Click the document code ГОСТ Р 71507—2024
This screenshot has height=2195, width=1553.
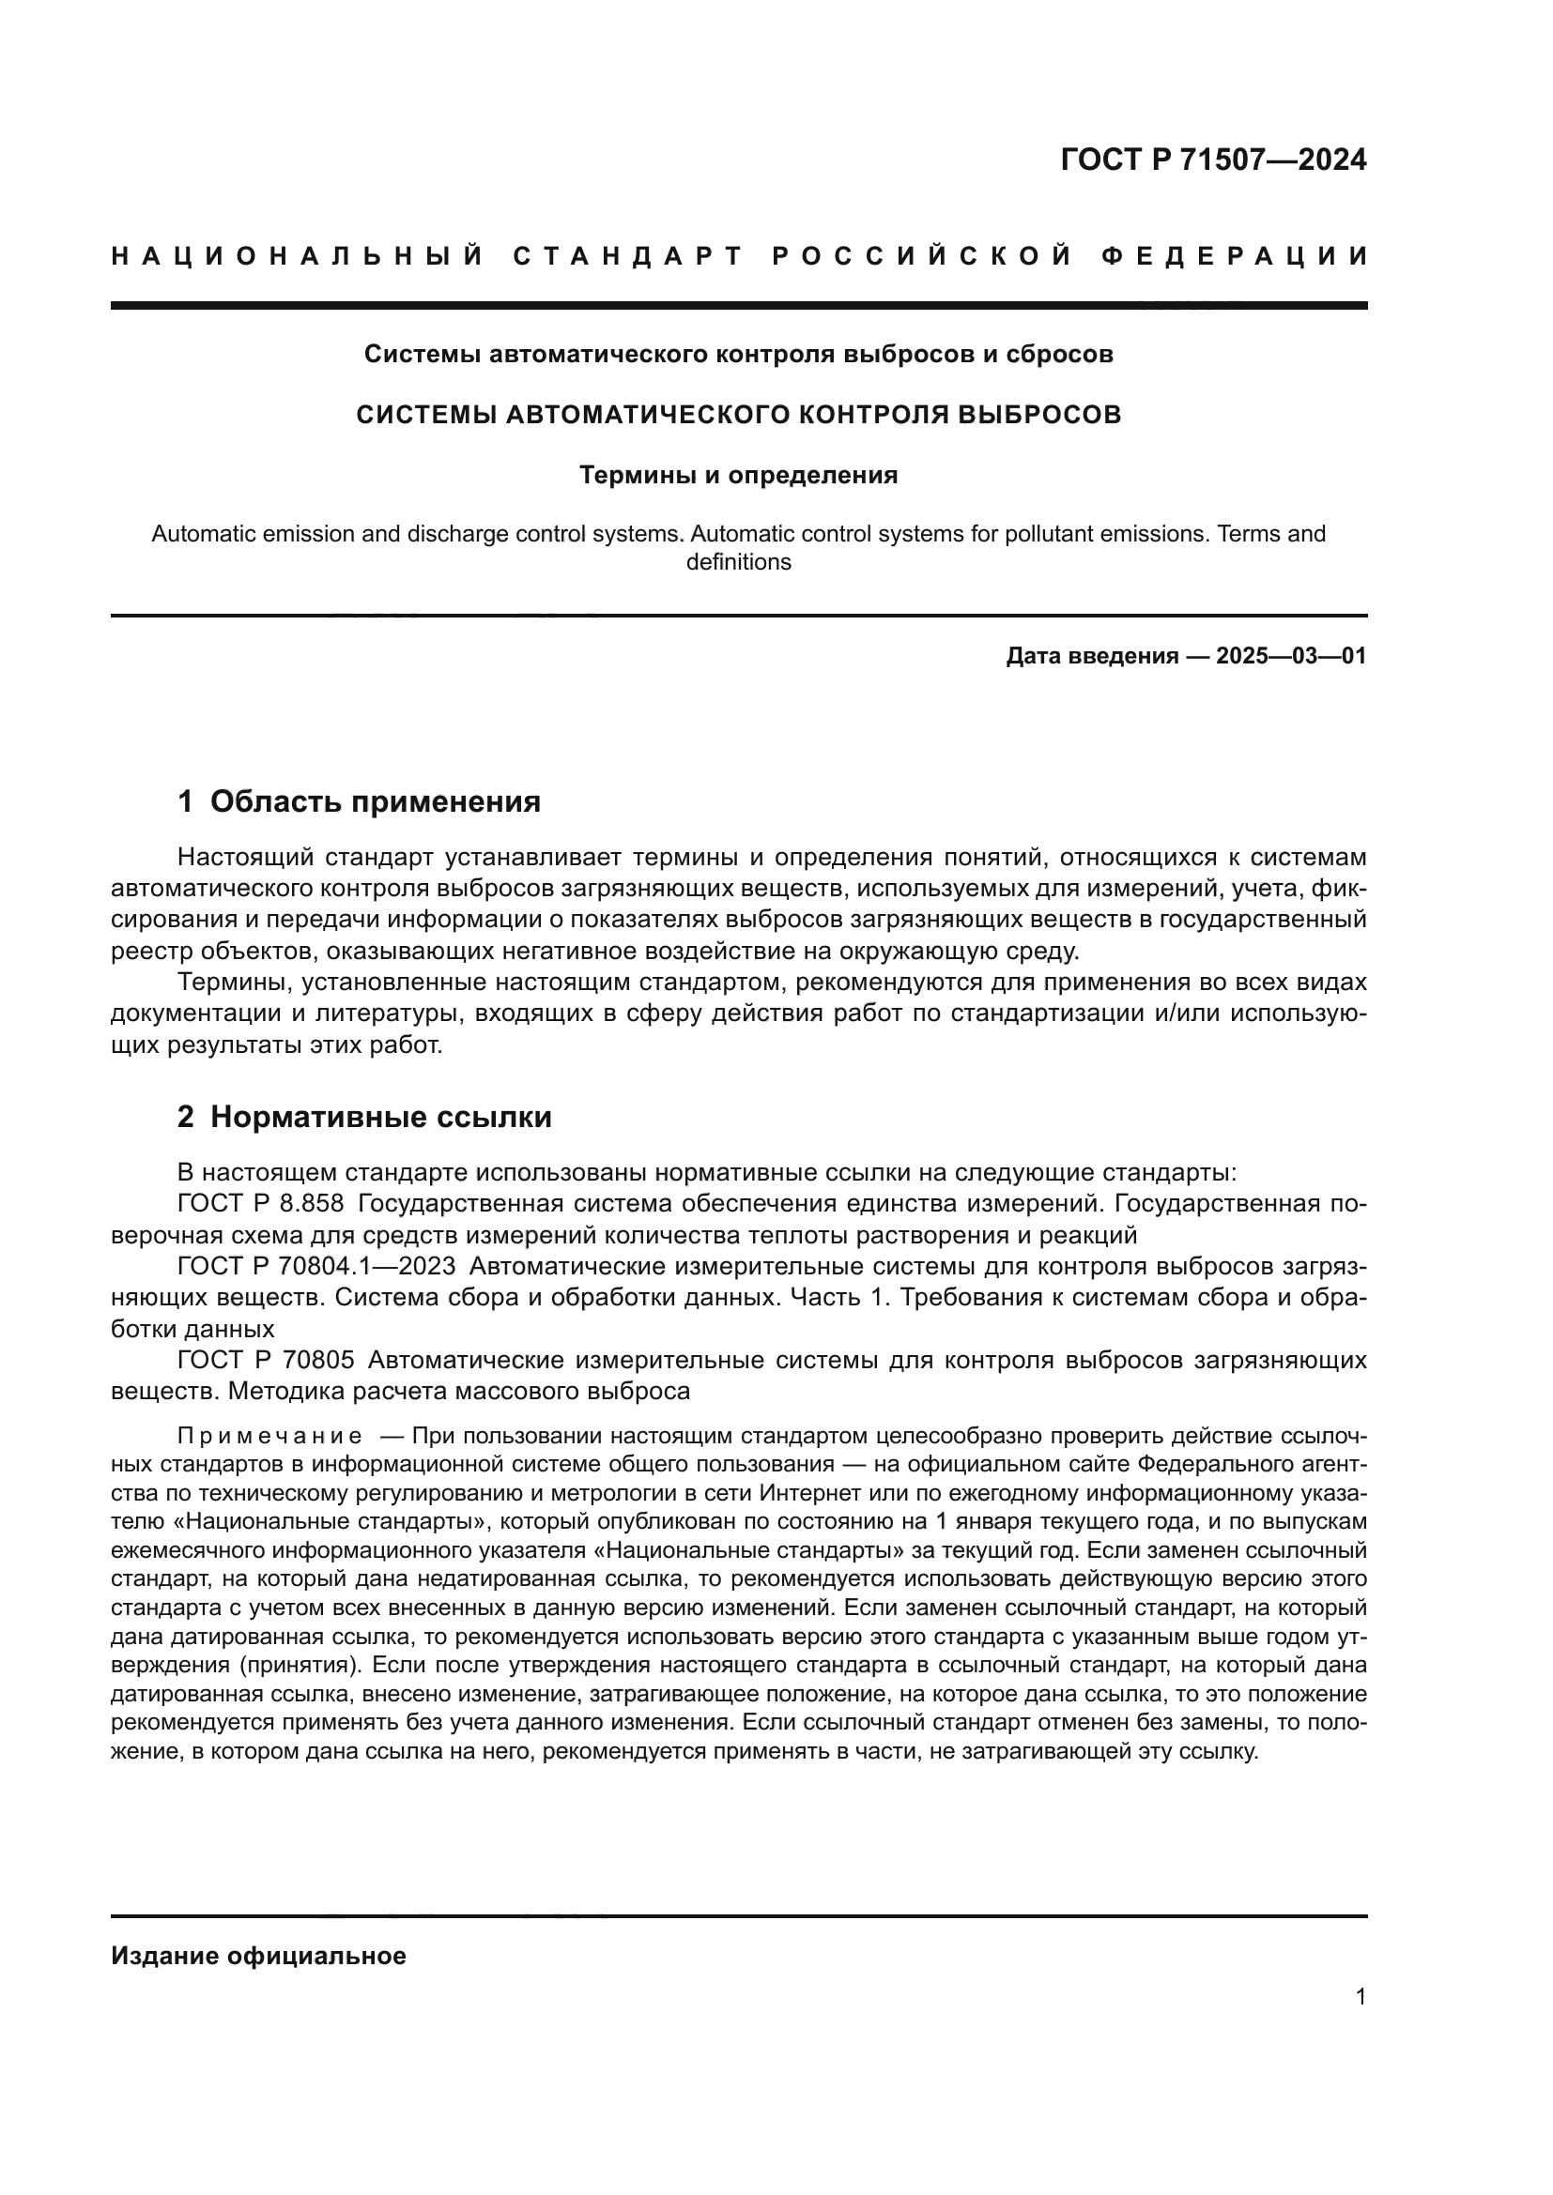click(x=1212, y=160)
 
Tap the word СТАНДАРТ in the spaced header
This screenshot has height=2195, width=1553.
click(x=628, y=256)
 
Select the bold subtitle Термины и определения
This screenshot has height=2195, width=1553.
click(x=738, y=475)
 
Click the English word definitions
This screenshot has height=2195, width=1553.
click(x=738, y=562)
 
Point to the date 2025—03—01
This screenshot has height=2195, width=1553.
click(x=1291, y=656)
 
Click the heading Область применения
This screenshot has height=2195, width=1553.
click(x=375, y=801)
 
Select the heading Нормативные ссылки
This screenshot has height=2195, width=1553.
click(x=380, y=1117)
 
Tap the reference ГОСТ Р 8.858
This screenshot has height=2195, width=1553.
click(x=260, y=1204)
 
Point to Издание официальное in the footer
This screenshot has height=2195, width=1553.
click(x=258, y=1956)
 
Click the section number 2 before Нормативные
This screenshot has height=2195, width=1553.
click(x=186, y=1117)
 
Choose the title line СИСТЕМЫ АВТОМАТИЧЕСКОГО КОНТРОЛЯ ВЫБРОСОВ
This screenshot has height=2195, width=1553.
click(x=738, y=415)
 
